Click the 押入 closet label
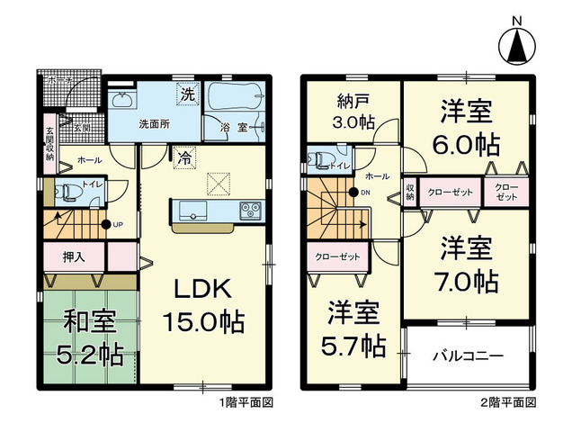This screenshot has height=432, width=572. [x=75, y=256]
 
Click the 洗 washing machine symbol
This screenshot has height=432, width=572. [x=187, y=94]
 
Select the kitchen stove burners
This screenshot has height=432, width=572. [x=249, y=211]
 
